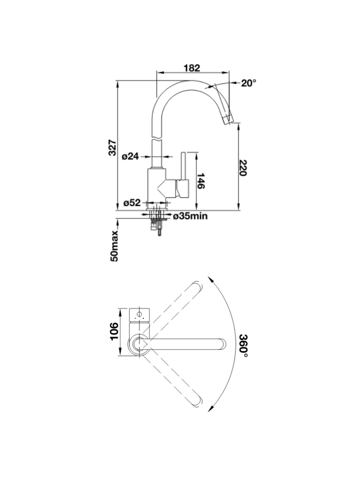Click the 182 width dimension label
192,68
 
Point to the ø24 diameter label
130,156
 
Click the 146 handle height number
200,181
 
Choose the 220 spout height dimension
243,168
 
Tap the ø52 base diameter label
132,203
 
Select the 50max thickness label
114,246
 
